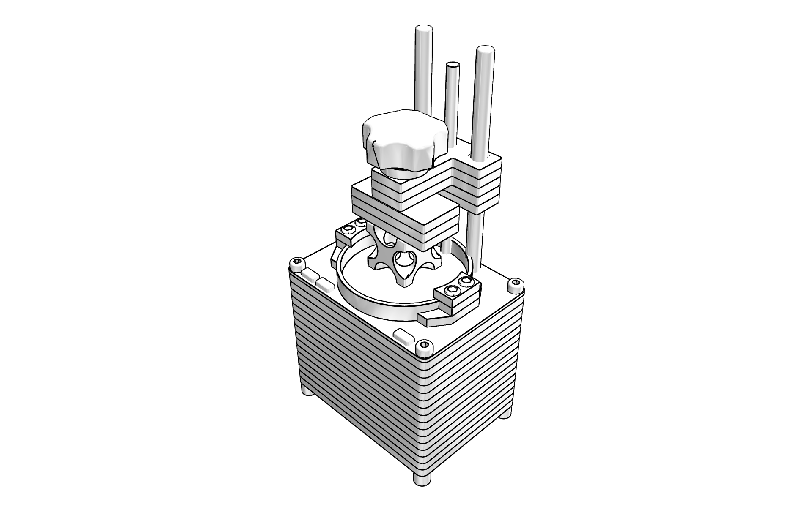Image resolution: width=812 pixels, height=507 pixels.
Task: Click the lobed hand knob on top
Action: (404, 139)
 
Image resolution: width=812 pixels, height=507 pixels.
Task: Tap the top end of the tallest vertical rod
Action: (423, 31)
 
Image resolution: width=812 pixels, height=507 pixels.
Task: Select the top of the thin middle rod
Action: (453, 66)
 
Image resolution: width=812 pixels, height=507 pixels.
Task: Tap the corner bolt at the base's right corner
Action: (515, 285)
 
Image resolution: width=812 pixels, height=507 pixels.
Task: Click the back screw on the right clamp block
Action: (466, 281)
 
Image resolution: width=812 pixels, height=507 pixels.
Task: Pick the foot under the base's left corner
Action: (307, 391)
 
